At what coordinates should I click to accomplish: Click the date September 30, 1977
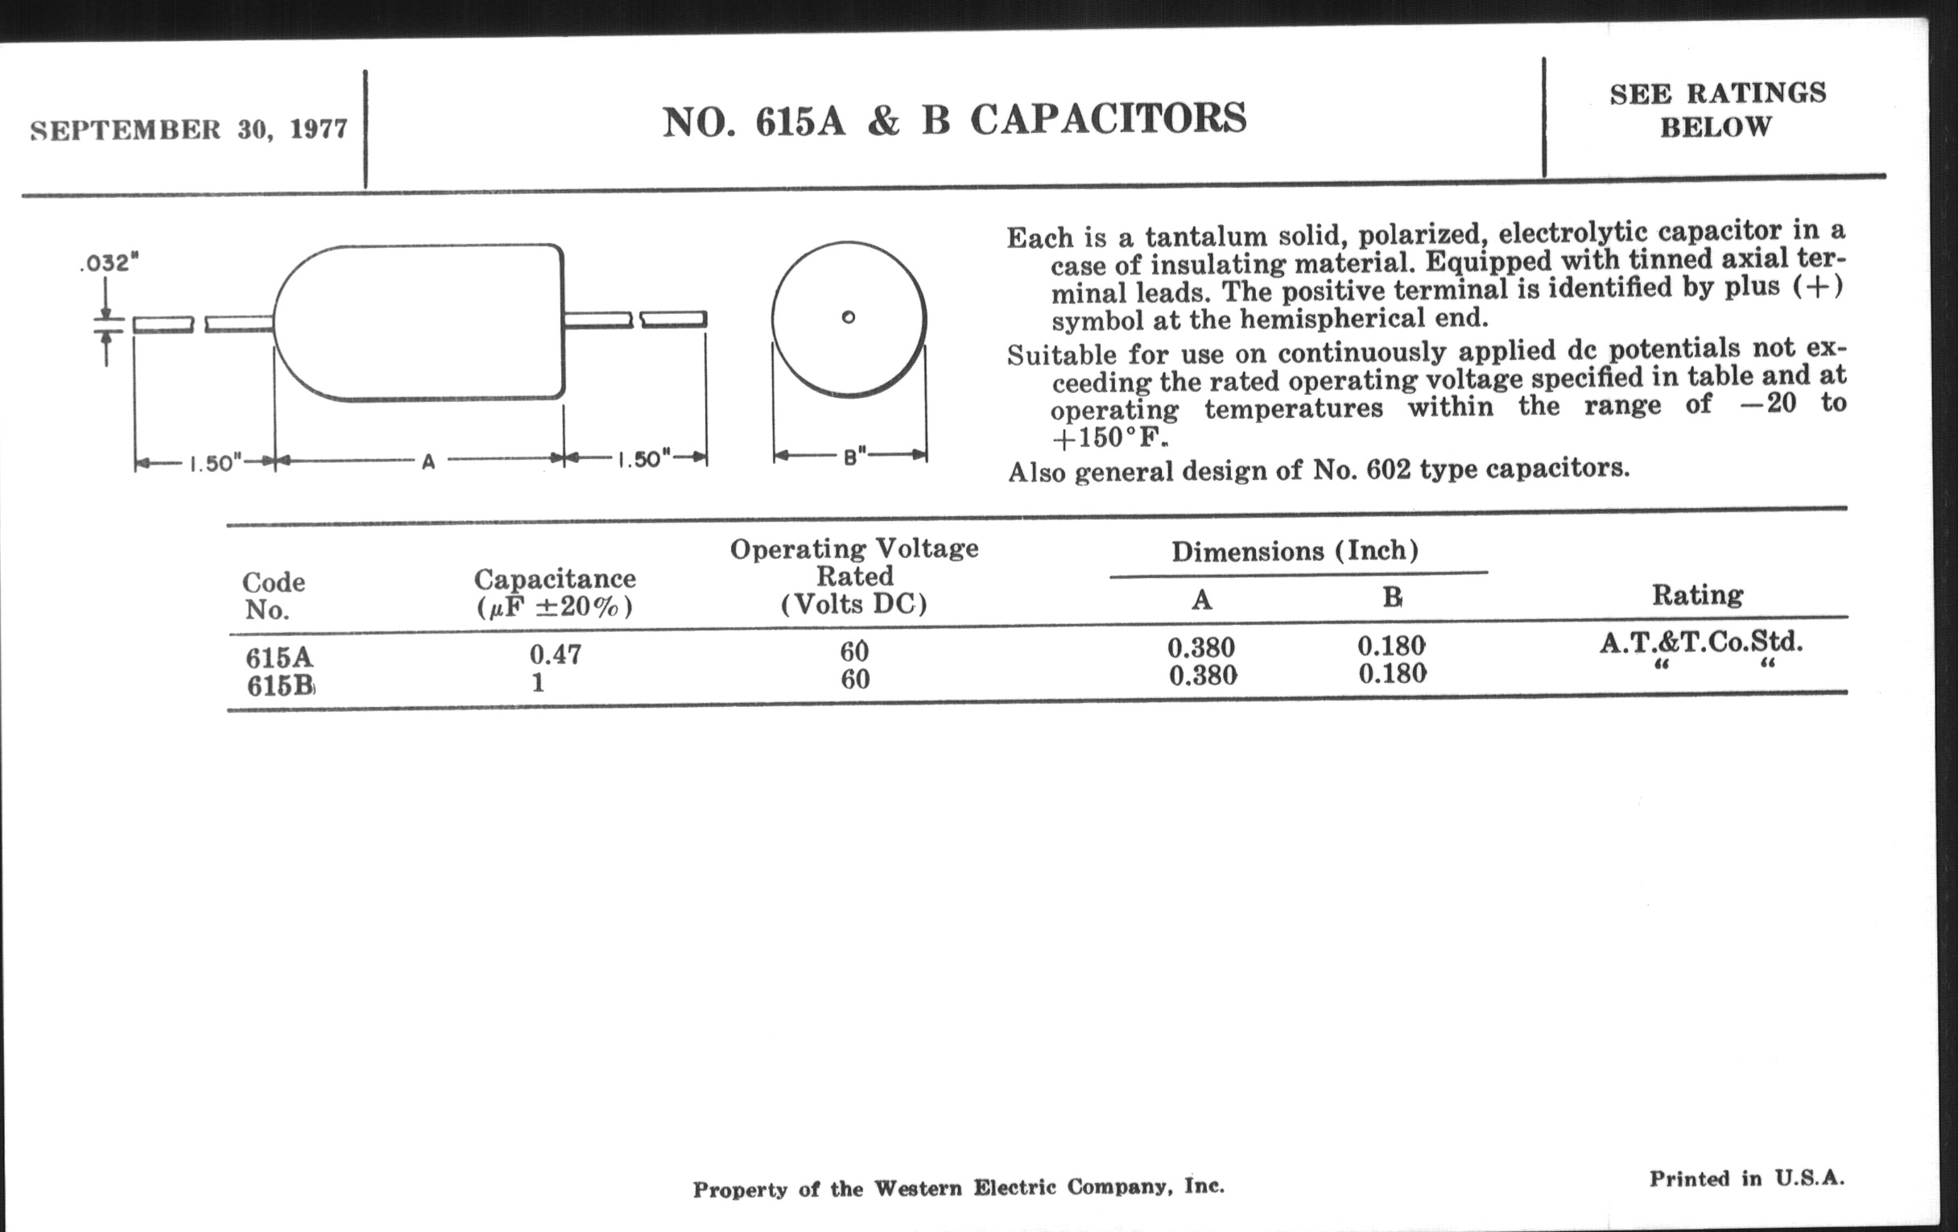click(x=188, y=130)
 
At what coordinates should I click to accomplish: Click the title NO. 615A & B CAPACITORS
click(x=955, y=119)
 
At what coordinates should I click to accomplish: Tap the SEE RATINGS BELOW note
click(x=1717, y=110)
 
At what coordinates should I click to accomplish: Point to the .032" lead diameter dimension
click(x=109, y=263)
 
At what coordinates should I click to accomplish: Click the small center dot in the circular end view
click(x=848, y=317)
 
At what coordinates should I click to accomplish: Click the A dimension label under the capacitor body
click(x=428, y=462)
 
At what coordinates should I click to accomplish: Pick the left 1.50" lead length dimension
click(x=216, y=464)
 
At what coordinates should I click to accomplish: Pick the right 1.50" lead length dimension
click(x=644, y=460)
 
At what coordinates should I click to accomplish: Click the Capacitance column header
click(x=555, y=592)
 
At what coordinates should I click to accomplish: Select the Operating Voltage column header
click(x=853, y=576)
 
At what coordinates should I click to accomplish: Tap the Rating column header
click(x=1697, y=595)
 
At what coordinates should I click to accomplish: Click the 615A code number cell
click(x=279, y=657)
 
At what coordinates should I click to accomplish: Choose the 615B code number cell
click(x=280, y=685)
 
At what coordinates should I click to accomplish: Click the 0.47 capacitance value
click(x=556, y=654)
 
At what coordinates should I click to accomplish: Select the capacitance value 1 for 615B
click(x=538, y=682)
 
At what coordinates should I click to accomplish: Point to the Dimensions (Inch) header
click(x=1295, y=552)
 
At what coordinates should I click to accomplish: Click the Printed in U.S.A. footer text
click(x=1746, y=1178)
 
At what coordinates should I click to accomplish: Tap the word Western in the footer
click(x=917, y=1188)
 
